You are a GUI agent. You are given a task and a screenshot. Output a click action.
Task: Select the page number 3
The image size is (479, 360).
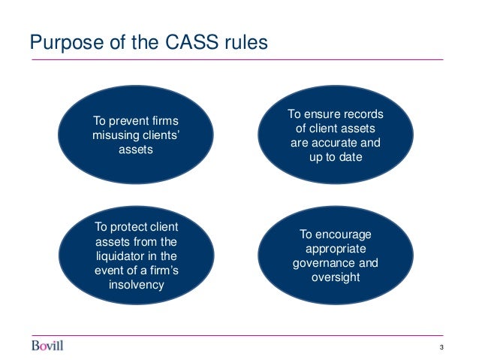coord(443,346)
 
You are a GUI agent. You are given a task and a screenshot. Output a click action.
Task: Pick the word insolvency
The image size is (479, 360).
coord(136,286)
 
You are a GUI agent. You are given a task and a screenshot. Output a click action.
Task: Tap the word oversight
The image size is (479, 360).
coord(336,277)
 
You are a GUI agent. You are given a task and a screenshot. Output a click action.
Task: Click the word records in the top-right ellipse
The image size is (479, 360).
coord(363,114)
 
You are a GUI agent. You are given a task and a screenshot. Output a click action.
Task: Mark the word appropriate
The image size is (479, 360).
coord(336,249)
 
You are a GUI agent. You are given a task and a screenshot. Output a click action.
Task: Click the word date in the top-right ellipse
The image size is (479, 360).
coord(350,157)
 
